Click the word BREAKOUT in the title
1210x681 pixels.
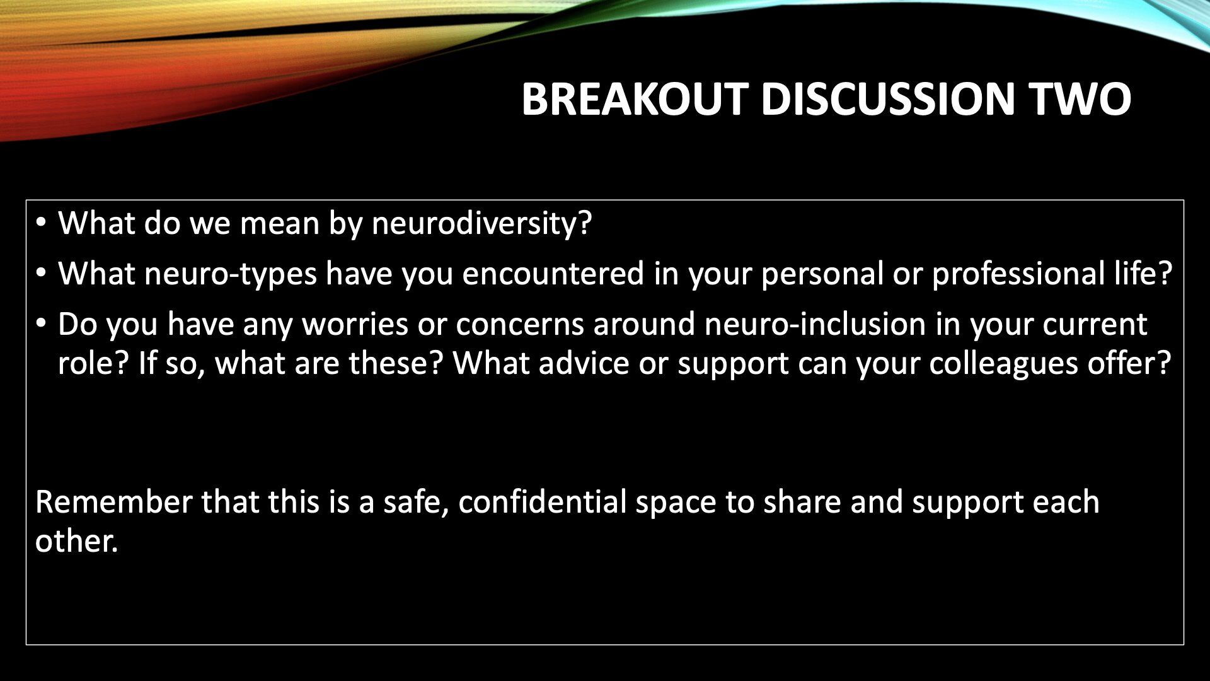635,99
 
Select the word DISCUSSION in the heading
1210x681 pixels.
888,99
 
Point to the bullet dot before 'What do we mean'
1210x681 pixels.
42,223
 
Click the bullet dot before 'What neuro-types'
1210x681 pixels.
42,274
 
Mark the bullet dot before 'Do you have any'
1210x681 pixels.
42,323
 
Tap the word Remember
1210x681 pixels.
113,503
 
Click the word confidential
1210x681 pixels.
543,502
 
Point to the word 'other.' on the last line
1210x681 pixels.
77,541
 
